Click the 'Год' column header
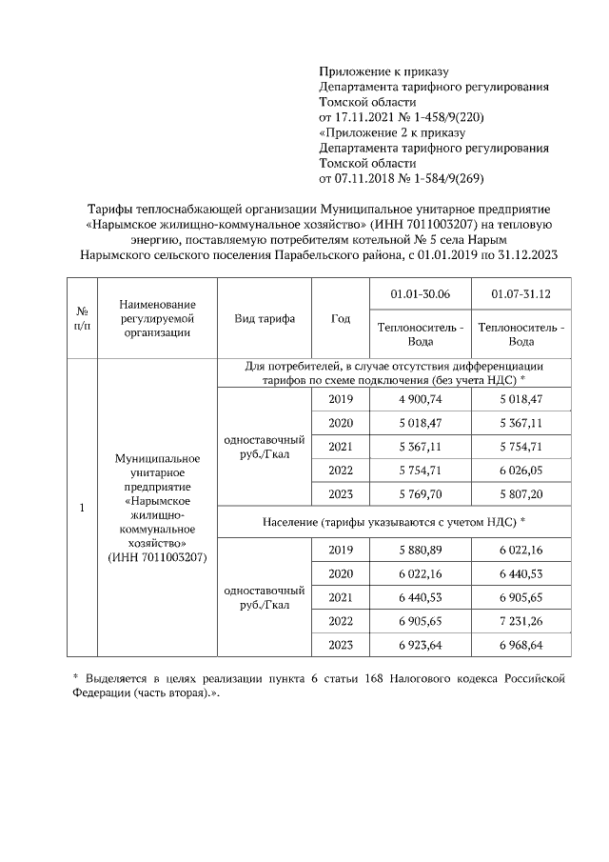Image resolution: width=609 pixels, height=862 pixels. (x=340, y=318)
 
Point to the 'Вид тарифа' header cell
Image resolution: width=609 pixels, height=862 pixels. (x=265, y=318)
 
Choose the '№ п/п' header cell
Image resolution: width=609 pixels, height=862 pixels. (x=82, y=318)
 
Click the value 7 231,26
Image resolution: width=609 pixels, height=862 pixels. (x=521, y=621)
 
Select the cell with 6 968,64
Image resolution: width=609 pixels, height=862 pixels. (x=521, y=645)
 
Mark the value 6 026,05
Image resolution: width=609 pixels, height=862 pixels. (x=521, y=471)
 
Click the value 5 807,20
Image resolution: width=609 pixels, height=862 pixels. (x=521, y=494)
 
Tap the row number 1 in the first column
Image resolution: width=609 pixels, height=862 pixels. (x=82, y=508)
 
